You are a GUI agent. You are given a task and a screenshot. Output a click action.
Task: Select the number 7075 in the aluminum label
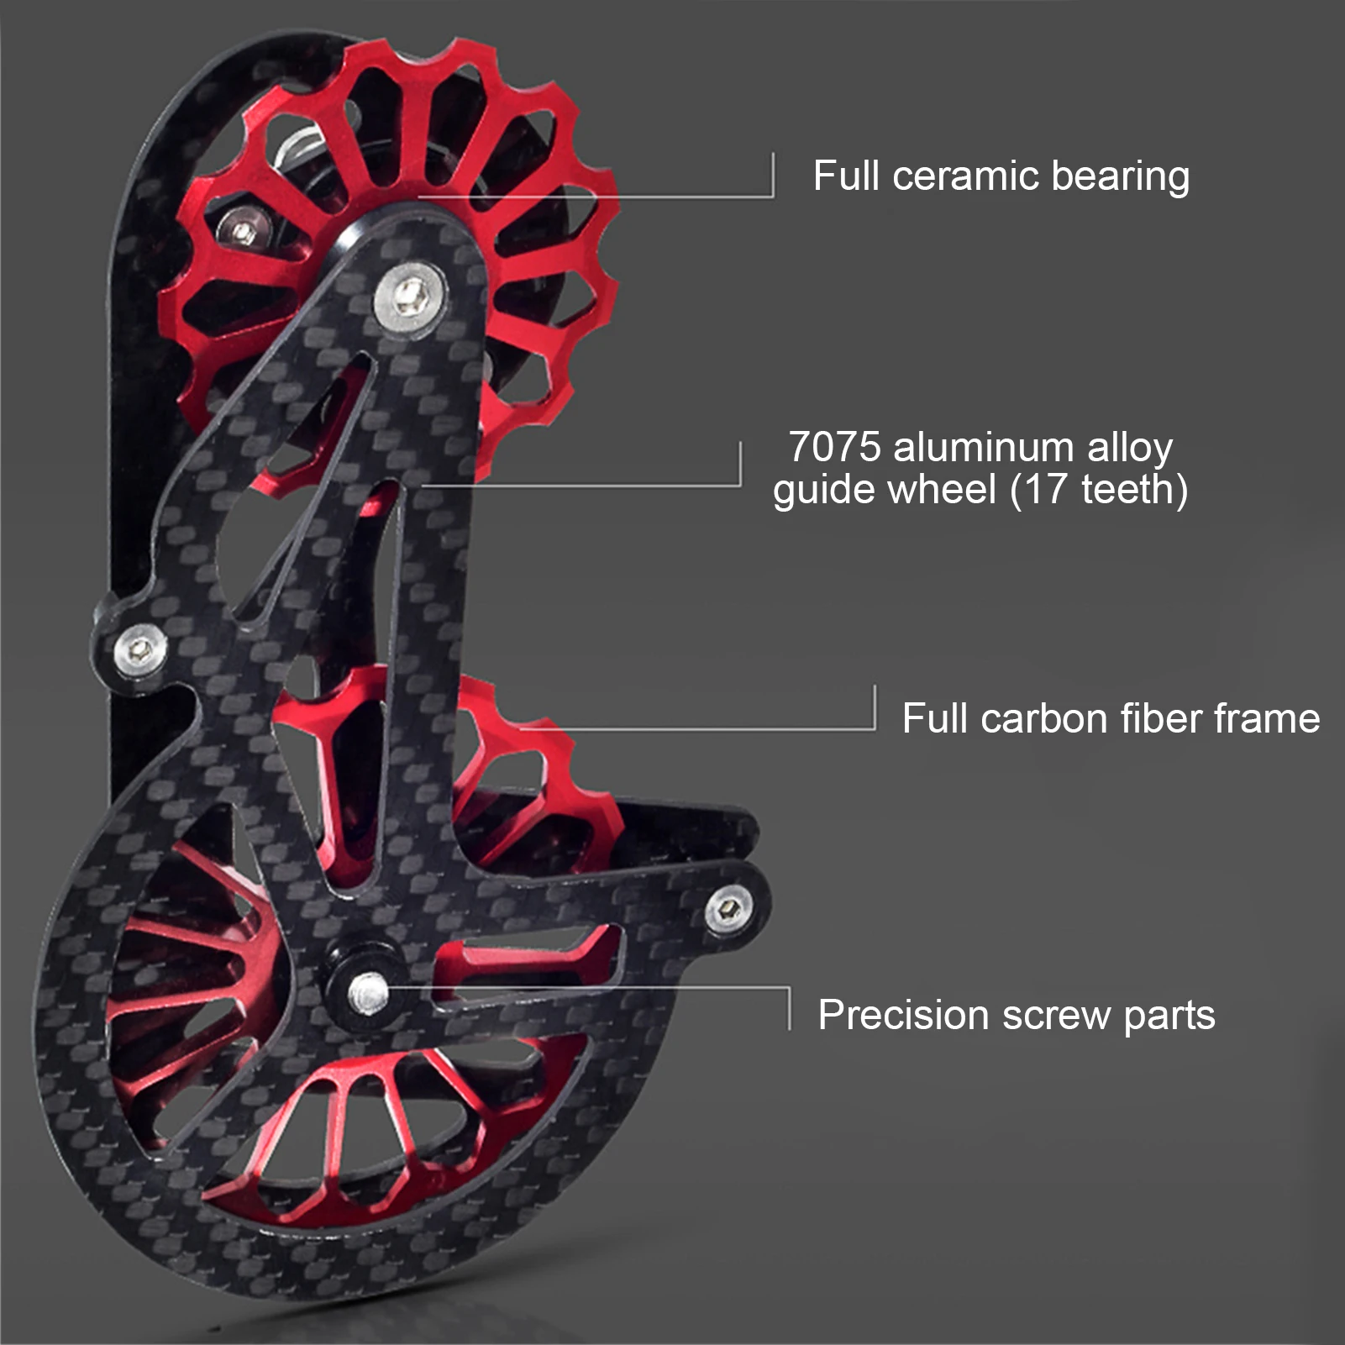point(834,447)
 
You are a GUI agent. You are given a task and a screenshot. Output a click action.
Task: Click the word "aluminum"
point(984,447)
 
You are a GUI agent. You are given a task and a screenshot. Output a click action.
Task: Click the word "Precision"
point(903,1015)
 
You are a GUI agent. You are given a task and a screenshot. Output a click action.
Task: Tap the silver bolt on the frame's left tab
point(139,648)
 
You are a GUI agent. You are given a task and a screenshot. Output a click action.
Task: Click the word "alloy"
point(1129,449)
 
